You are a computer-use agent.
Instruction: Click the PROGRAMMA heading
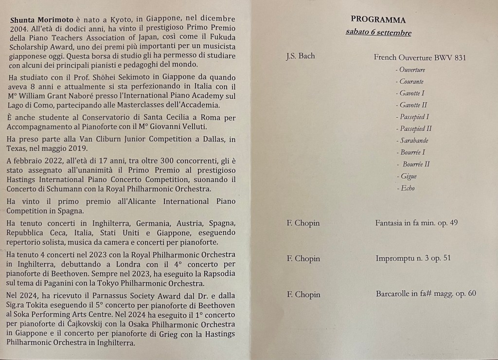click(378, 20)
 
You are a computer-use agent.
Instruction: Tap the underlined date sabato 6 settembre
click(378, 33)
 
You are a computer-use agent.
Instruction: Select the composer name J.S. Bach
click(300, 56)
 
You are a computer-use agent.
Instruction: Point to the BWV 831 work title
click(420, 57)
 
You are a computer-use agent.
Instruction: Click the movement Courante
click(411, 81)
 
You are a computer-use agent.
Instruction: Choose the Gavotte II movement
click(413, 105)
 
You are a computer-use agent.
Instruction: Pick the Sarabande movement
click(414, 141)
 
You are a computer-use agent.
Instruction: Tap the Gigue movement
click(408, 176)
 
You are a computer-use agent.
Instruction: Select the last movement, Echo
click(407, 188)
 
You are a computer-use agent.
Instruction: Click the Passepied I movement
click(414, 117)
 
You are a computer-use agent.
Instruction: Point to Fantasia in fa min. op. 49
click(416, 223)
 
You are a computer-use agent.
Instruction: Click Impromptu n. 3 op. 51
click(413, 258)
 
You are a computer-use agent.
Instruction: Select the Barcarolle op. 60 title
click(426, 294)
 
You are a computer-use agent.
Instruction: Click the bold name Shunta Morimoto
click(40, 19)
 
